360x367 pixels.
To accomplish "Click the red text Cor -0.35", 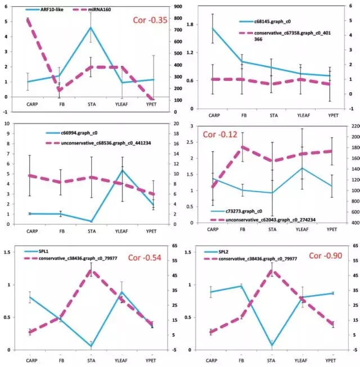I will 150,20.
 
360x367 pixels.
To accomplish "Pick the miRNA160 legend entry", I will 103,10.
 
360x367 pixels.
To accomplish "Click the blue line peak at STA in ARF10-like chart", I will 91,27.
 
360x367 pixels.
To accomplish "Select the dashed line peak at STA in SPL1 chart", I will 91,271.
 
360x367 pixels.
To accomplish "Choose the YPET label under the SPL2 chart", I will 332,360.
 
